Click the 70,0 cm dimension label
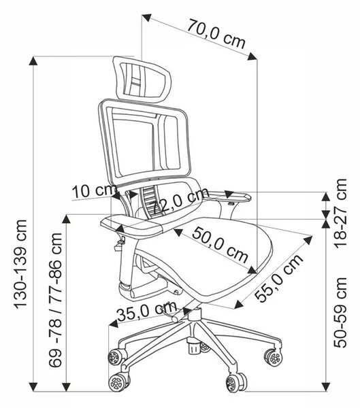click(x=216, y=33)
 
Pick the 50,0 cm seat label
click(x=220, y=245)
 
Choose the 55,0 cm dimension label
click(x=278, y=277)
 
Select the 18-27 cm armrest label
click(x=340, y=213)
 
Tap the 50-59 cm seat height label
click(x=340, y=312)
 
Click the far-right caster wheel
click(x=274, y=358)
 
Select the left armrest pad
click(x=132, y=226)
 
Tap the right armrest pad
click(x=229, y=196)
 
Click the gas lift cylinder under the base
click(x=193, y=347)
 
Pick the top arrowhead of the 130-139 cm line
click(x=33, y=61)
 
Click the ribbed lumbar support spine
click(x=150, y=202)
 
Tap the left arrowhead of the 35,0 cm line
click(x=113, y=324)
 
